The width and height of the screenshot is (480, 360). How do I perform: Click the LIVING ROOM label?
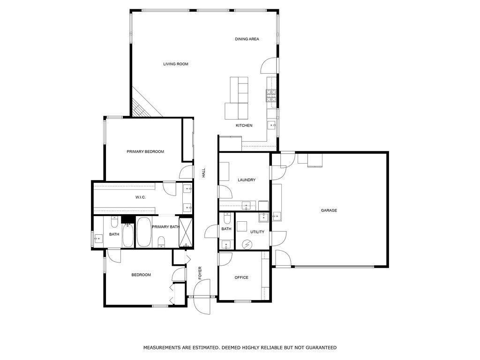click(x=176, y=64)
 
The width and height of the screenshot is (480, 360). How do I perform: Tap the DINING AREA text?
click(x=247, y=39)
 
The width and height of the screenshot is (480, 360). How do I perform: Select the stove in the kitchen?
click(x=271, y=96)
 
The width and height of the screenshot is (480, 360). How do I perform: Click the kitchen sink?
click(x=271, y=125)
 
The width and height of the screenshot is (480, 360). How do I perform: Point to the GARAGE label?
click(x=329, y=211)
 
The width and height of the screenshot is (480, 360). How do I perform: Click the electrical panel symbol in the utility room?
click(x=247, y=244)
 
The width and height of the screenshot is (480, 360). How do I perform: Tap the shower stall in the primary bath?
click(x=186, y=232)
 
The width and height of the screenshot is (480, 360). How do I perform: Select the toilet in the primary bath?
click(x=162, y=241)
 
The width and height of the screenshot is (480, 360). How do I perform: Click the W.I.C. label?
click(x=141, y=197)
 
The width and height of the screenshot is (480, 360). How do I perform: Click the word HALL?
click(x=204, y=173)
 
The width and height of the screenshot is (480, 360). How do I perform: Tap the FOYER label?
click(x=200, y=273)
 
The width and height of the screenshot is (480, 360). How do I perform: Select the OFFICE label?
click(x=241, y=277)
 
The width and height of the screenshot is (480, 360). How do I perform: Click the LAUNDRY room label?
click(x=247, y=180)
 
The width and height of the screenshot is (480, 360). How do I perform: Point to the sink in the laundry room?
click(x=246, y=205)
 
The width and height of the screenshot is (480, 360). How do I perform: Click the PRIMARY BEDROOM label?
click(x=145, y=152)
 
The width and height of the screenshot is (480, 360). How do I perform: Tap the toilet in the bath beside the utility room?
click(x=227, y=218)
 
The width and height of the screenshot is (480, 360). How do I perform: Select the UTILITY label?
click(x=257, y=232)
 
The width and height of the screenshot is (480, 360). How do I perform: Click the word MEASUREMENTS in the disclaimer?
click(x=162, y=348)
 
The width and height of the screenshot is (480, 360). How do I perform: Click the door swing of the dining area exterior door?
click(x=269, y=66)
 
